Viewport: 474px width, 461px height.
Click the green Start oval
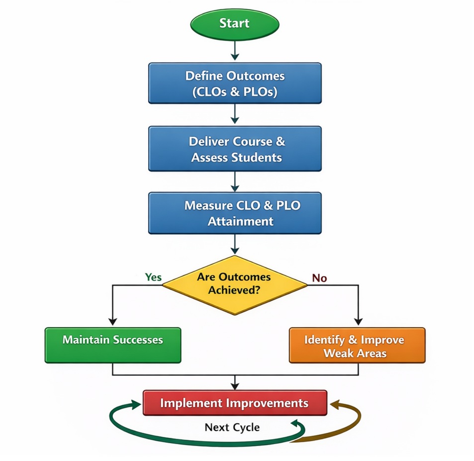235,23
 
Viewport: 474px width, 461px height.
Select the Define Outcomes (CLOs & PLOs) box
235,83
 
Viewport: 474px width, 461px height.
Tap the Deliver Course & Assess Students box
235,149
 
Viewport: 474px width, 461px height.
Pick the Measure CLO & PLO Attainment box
235,213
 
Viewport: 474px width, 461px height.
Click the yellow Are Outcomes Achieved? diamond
235,285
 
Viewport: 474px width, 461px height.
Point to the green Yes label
153,277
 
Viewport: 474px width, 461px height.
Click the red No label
319,278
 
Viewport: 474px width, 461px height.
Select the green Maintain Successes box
113,345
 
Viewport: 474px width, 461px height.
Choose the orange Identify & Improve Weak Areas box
357,345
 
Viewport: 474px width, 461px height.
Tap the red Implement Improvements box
235,403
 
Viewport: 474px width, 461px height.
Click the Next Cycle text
232,427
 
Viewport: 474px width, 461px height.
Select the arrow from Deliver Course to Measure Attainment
235,182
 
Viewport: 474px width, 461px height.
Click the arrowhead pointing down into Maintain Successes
112,321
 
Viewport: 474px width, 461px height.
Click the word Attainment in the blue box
240,221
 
